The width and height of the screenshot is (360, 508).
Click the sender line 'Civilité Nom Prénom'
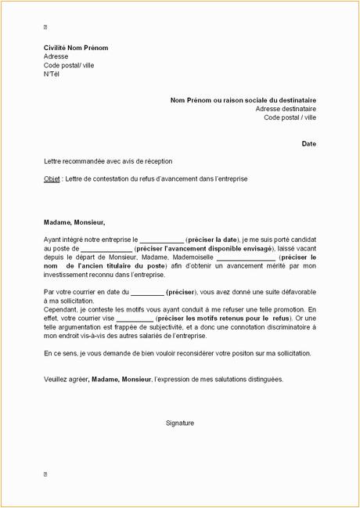coord(75,49)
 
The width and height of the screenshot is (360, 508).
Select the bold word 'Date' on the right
coord(308,144)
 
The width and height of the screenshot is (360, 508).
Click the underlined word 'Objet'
coord(52,178)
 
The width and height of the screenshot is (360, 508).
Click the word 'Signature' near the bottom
coord(180,423)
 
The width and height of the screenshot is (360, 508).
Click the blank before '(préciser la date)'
coord(162,240)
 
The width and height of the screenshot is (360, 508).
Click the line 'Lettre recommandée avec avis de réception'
coord(108,160)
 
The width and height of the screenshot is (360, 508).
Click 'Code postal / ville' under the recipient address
coord(290,117)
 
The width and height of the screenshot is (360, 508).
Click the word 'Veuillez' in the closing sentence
coord(57,379)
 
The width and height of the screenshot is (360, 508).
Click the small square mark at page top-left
coord(45,27)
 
